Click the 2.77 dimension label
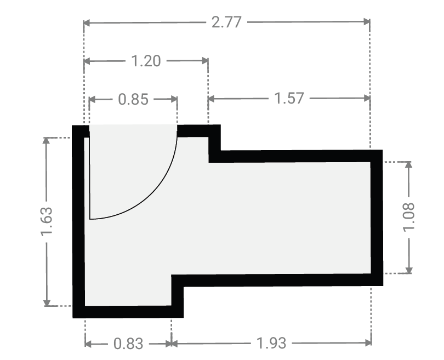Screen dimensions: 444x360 226,22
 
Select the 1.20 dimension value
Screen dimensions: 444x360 146,61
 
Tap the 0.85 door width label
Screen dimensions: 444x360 133,99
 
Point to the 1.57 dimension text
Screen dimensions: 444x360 289,99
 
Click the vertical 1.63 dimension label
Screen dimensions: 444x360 47,221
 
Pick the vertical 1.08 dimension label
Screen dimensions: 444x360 408,217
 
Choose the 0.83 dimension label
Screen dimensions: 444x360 128,344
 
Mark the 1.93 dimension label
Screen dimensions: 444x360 271,343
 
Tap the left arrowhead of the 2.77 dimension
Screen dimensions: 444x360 87,23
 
